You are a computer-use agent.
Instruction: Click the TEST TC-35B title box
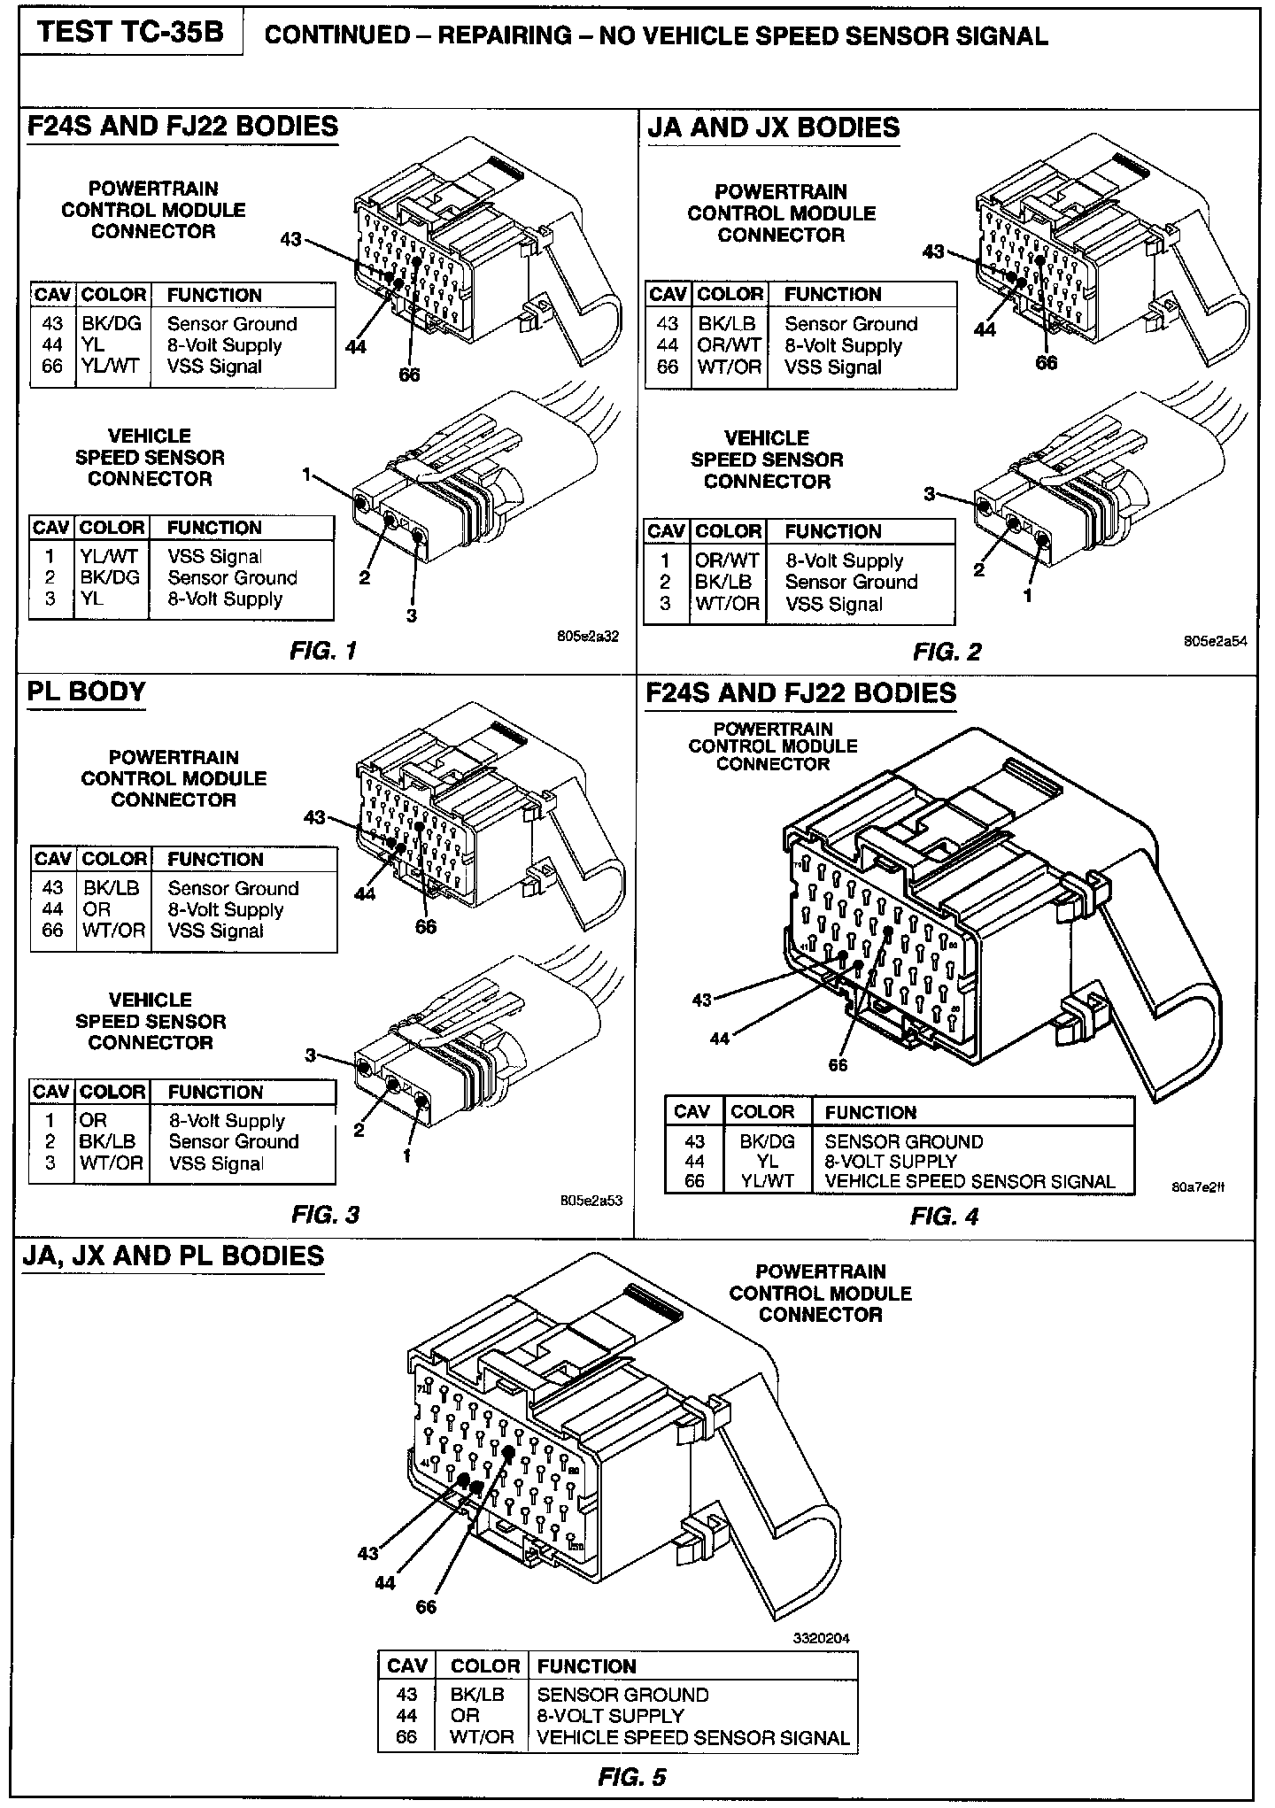[131, 33]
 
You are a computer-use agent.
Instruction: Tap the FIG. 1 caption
[323, 652]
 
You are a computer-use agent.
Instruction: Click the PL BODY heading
[86, 692]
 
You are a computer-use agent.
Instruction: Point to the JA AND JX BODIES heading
[773, 128]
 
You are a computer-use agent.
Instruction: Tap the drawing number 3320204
[821, 1638]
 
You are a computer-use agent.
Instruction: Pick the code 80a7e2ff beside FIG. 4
[1198, 1188]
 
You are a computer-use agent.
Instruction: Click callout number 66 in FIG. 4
[838, 1065]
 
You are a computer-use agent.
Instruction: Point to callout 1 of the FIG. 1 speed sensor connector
[306, 475]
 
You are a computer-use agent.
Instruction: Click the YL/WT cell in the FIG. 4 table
[767, 1181]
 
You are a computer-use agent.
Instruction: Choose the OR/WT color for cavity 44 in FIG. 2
[729, 346]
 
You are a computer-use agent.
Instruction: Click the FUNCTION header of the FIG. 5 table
[586, 1666]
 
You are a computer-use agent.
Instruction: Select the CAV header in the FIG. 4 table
[693, 1112]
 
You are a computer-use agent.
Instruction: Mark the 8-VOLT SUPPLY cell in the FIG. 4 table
[891, 1161]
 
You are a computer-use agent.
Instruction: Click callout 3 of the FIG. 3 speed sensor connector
[311, 1055]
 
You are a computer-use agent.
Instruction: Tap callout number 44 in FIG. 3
[365, 893]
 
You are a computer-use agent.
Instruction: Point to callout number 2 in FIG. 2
[978, 569]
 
